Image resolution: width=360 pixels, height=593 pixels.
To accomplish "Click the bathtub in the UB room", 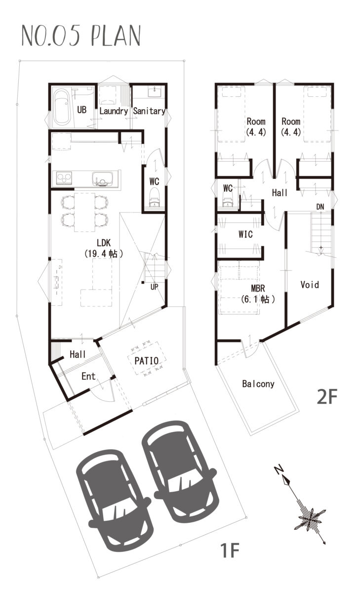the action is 62,107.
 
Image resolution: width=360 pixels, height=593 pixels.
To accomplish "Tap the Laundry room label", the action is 114,111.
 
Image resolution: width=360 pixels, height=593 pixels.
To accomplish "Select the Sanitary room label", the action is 149,111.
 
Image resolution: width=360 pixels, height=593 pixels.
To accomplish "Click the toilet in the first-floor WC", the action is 154,198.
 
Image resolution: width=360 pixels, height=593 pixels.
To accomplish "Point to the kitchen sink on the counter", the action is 102,178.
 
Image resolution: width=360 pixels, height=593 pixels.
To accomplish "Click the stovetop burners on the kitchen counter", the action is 64,178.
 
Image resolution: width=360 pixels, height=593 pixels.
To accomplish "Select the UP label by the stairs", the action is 154,287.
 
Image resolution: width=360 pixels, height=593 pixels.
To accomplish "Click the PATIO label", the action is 146,361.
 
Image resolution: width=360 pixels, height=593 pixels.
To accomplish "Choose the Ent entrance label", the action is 88,376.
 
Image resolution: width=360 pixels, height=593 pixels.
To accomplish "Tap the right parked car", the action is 179,468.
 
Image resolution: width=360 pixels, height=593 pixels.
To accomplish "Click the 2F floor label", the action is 327,397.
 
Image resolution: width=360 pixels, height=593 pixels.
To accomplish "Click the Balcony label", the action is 258,384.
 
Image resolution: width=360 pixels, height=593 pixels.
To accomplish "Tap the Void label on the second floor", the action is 310,285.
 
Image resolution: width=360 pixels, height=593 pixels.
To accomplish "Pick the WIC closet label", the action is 245,234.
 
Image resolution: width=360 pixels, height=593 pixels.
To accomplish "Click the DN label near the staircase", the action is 320,207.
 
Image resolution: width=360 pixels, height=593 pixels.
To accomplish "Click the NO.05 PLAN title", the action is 81,36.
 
